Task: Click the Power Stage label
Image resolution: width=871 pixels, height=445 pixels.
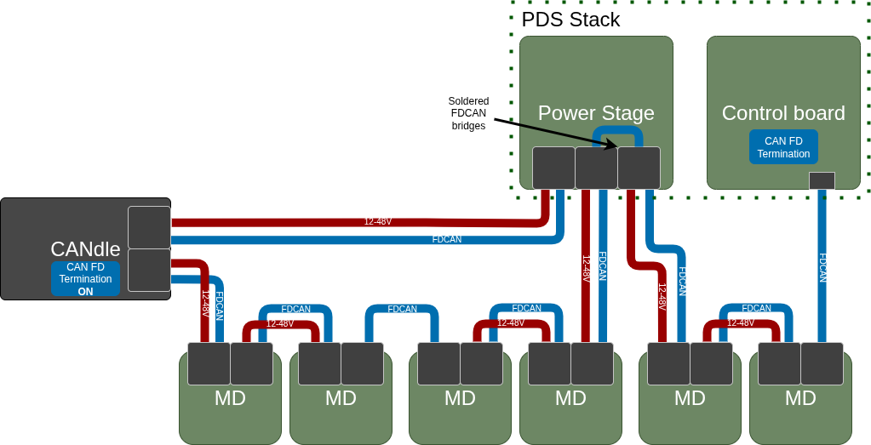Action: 596,113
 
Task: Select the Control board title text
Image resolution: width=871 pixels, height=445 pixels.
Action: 783,113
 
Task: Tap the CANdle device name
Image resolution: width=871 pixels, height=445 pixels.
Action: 85,249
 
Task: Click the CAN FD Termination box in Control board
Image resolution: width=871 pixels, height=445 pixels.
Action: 783,147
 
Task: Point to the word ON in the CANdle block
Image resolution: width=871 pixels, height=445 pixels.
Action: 85,291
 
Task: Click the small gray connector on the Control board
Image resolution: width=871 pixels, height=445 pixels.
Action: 822,180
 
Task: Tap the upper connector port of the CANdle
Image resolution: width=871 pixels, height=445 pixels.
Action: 149,227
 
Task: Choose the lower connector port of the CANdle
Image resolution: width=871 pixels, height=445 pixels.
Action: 149,271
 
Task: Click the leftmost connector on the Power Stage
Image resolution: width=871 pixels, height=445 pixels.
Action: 553,168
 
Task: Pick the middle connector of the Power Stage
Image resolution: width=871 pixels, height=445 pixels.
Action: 596,168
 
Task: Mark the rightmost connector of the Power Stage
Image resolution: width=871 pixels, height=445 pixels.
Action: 639,168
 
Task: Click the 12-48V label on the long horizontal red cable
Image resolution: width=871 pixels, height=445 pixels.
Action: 378,221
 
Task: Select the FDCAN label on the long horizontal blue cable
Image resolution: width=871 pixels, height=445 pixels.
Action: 447,239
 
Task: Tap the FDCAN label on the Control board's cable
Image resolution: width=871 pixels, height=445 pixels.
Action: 822,268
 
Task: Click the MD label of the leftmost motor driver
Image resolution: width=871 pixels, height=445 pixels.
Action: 230,398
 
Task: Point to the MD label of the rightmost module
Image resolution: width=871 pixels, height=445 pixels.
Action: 800,398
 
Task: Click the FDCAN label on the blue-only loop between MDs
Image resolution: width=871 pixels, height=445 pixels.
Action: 403,309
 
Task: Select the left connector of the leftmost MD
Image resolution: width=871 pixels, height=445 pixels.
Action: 209,363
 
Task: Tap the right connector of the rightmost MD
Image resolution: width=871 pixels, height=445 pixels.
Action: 822,363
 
